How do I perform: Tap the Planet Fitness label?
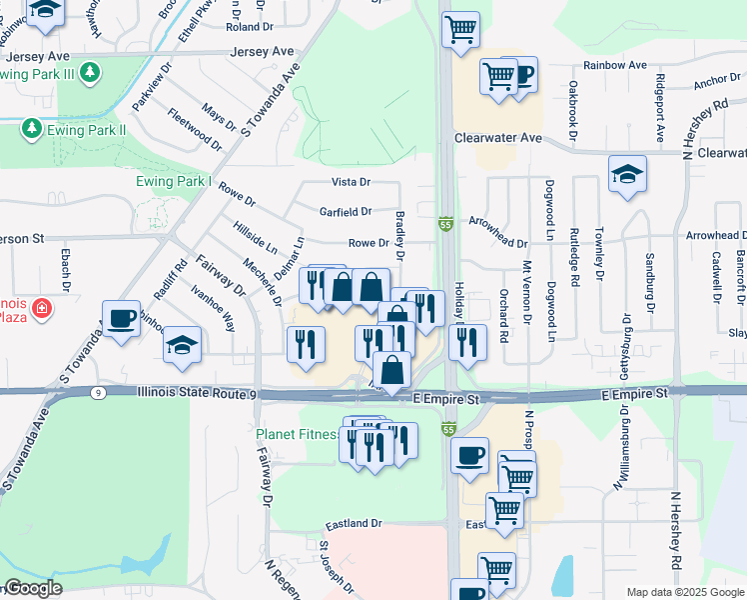(296, 435)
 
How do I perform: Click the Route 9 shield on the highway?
(97, 393)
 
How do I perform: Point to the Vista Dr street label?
(351, 182)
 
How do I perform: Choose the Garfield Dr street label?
(345, 212)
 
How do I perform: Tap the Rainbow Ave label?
(615, 65)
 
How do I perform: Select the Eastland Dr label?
(354, 523)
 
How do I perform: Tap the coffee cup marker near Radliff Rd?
(122, 319)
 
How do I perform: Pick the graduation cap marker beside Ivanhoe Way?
(182, 345)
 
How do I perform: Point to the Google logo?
(32, 589)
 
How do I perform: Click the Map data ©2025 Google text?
(684, 592)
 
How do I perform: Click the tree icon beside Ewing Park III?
(90, 72)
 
